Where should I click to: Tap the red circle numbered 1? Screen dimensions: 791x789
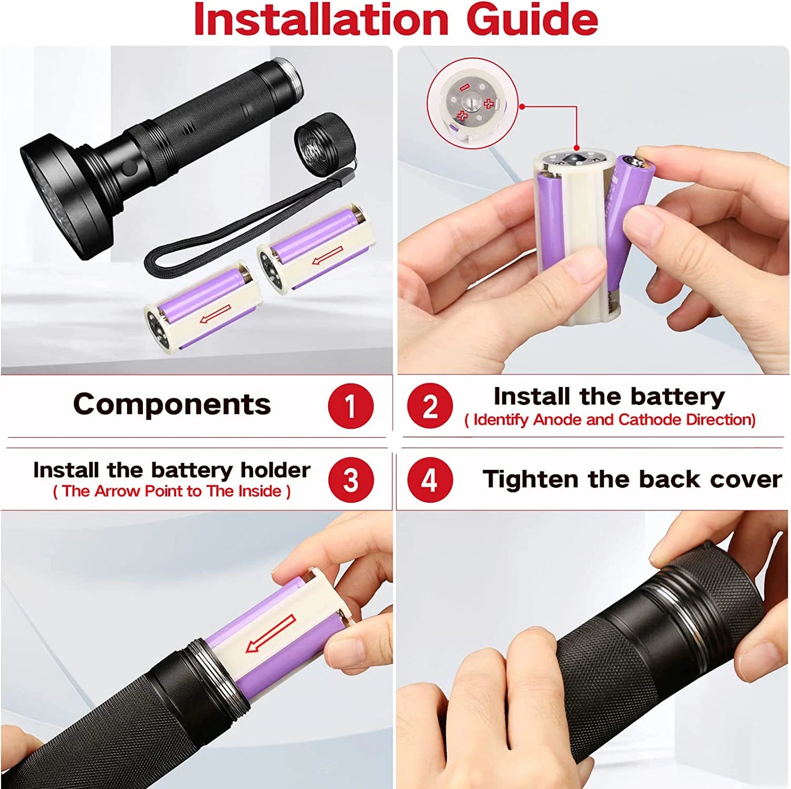pyautogui.click(x=350, y=406)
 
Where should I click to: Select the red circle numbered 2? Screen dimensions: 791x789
pyautogui.click(x=430, y=406)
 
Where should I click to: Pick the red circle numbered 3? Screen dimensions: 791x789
pyautogui.click(x=350, y=480)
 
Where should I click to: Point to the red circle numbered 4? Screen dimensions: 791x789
pyautogui.click(x=430, y=480)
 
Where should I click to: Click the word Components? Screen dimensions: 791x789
pyautogui.click(x=172, y=405)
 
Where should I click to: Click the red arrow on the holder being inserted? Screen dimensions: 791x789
pyautogui.click(x=271, y=633)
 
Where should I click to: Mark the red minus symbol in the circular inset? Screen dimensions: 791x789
pyautogui.click(x=464, y=87)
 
